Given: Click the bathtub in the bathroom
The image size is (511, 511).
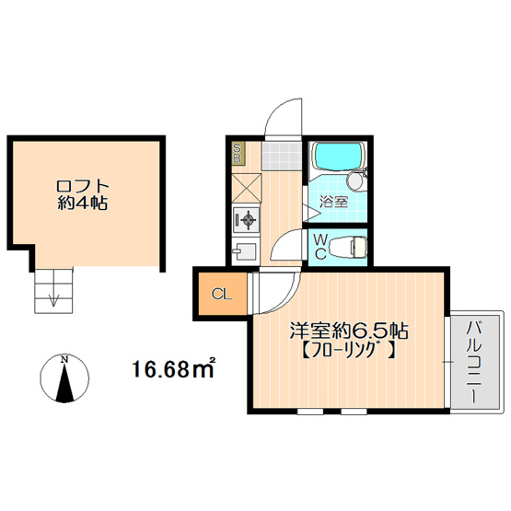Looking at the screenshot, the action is point(338,156).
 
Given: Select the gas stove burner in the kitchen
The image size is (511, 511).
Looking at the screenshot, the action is point(247,220).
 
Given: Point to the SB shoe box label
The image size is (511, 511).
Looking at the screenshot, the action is point(238,153).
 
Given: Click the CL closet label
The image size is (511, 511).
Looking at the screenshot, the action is point(222,295).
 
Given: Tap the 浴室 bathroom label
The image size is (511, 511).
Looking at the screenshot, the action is point(333,202).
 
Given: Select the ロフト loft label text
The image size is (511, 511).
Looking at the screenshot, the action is point(83,187).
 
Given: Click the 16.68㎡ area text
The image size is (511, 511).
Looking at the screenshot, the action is point(173,368).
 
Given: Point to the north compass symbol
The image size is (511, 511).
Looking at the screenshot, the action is point(64,377).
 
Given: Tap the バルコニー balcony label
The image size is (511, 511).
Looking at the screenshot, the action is point(473,362).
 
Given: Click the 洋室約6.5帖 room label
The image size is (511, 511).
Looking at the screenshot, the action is point(349,331).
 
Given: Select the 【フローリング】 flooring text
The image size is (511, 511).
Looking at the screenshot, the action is point(349,351).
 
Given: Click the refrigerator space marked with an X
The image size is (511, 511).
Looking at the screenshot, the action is point(247,189).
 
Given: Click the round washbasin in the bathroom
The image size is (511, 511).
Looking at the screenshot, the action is point(354,180).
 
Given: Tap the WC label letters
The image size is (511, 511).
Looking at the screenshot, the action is point(320,247).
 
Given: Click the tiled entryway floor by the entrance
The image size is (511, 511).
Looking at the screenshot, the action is point(281,156).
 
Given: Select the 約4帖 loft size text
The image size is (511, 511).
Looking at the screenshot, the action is point(83,203).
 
